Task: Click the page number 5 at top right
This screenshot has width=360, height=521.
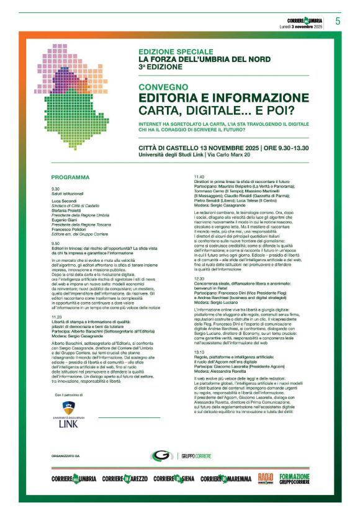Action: pos(338,21)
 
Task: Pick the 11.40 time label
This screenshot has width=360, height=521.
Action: pos(200,177)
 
